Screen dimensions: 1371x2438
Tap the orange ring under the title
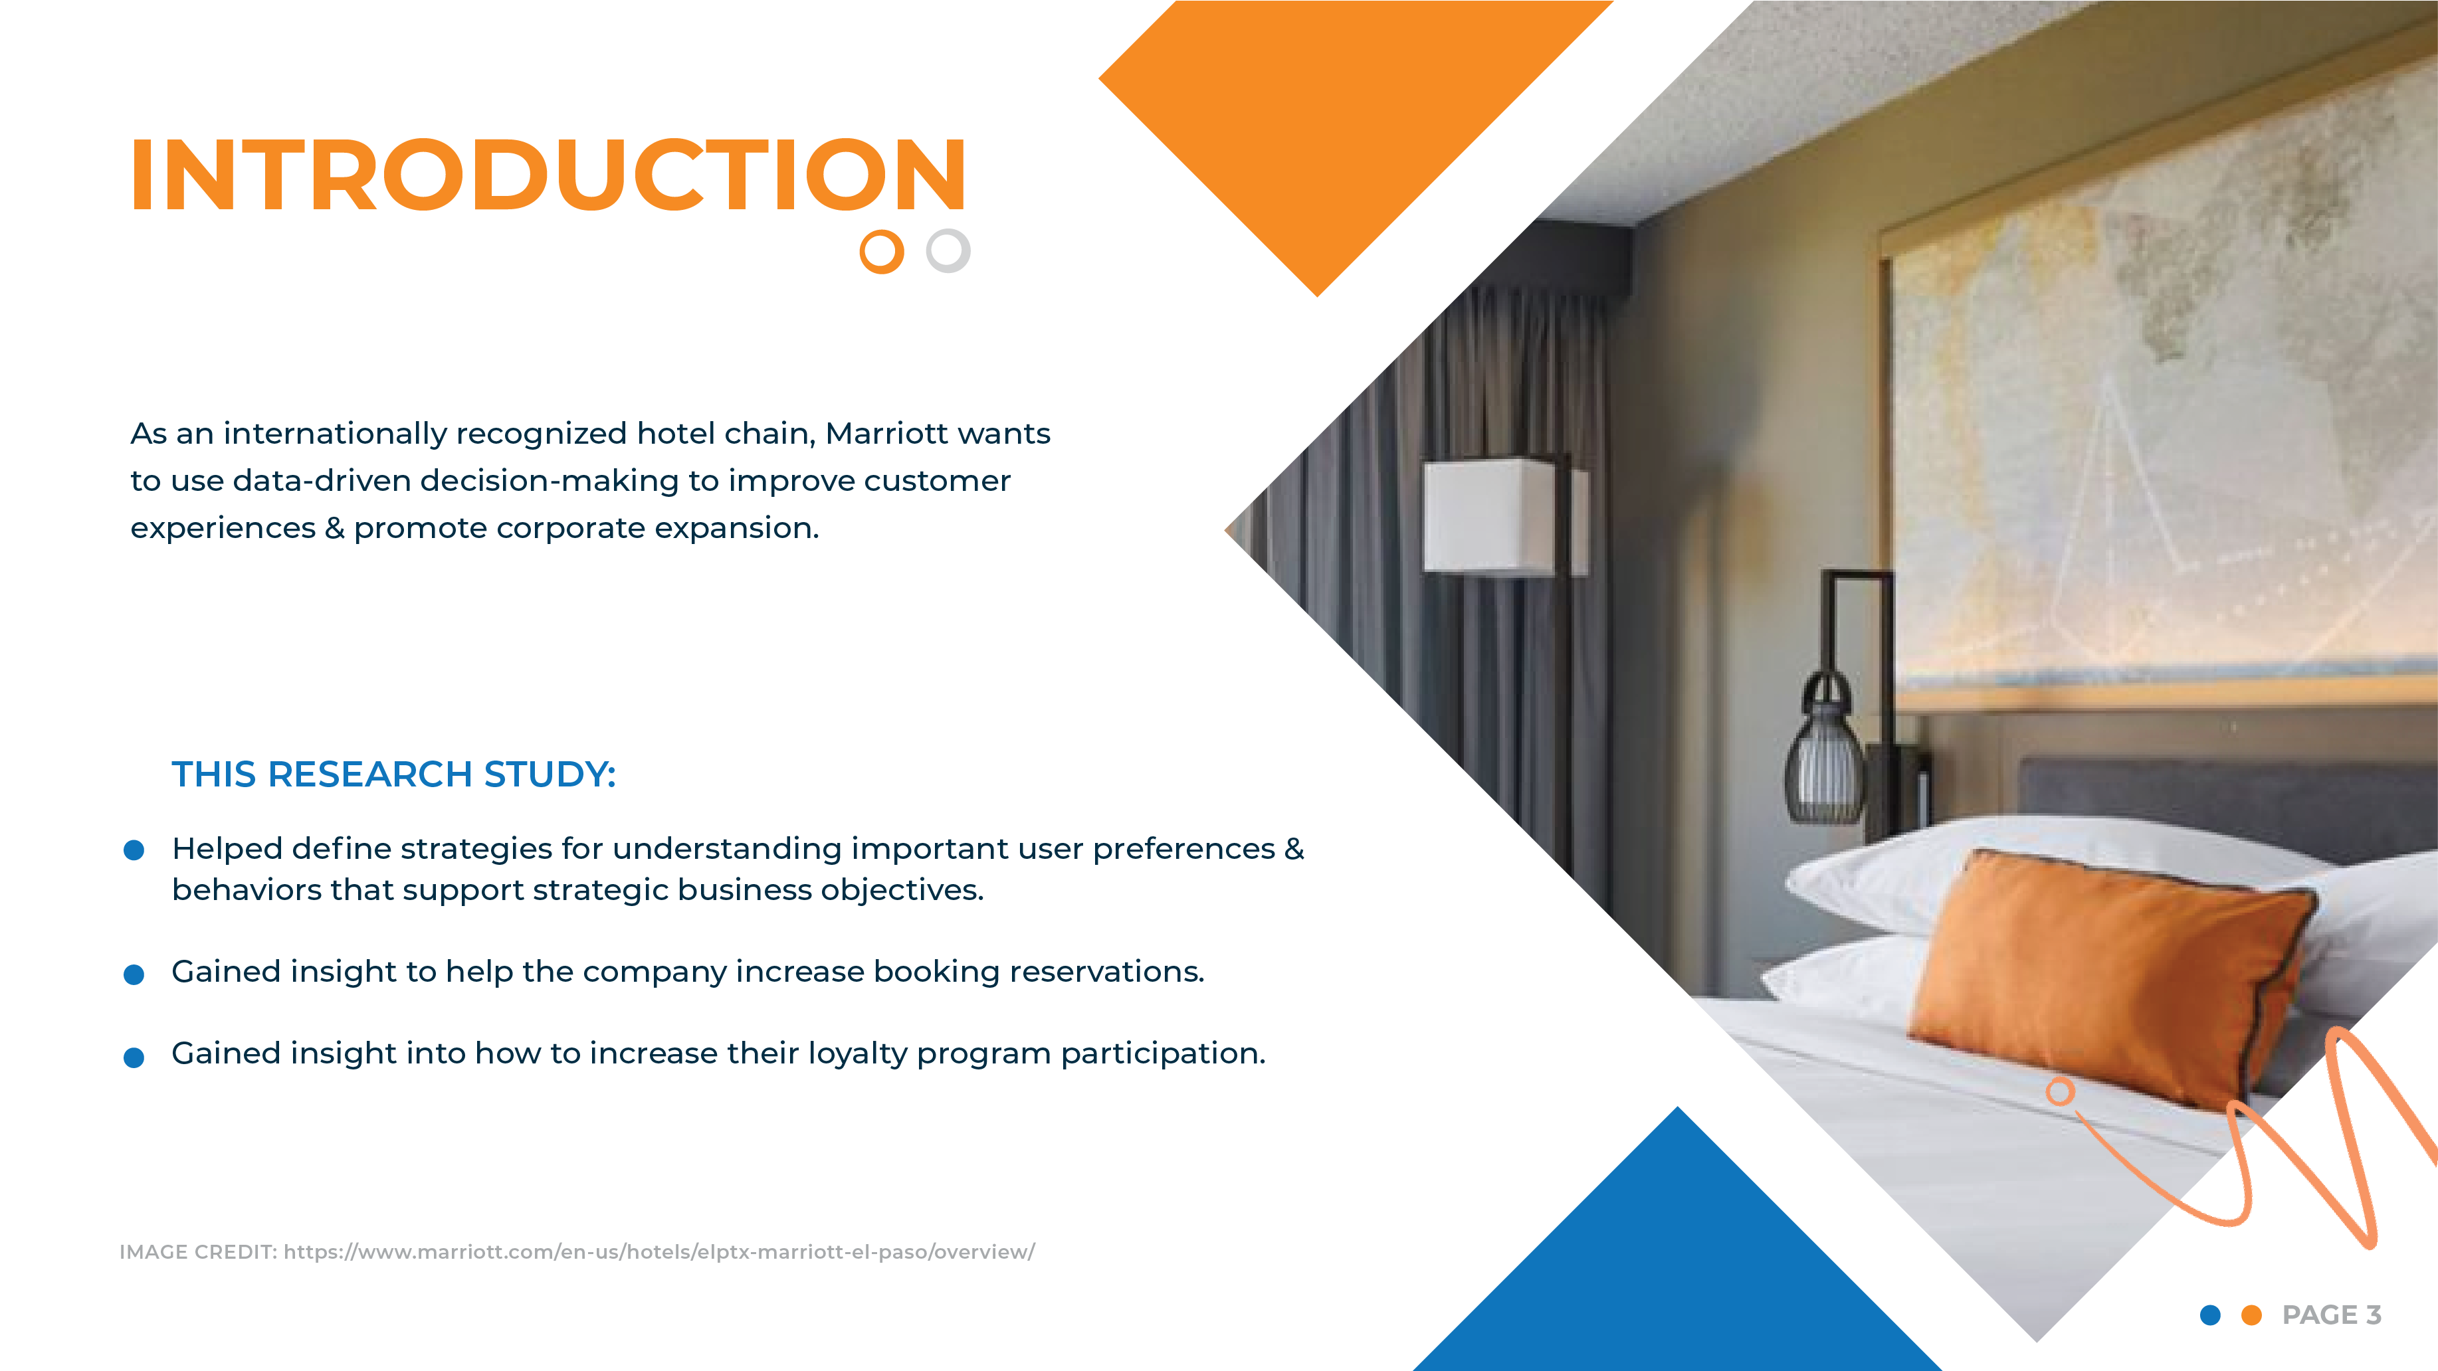tap(881, 252)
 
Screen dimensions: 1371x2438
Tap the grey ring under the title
tap(948, 250)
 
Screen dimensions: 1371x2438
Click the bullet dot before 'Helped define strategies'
tap(134, 850)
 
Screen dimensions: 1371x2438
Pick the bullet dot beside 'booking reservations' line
tap(134, 974)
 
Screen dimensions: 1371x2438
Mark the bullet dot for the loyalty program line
tap(134, 1056)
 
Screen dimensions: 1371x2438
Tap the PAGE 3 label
tap(2331, 1315)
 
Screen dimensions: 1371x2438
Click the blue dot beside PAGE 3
tap(2211, 1315)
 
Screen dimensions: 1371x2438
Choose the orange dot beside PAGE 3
tap(2251, 1315)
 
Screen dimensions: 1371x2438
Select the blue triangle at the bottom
tap(1677, 1268)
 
